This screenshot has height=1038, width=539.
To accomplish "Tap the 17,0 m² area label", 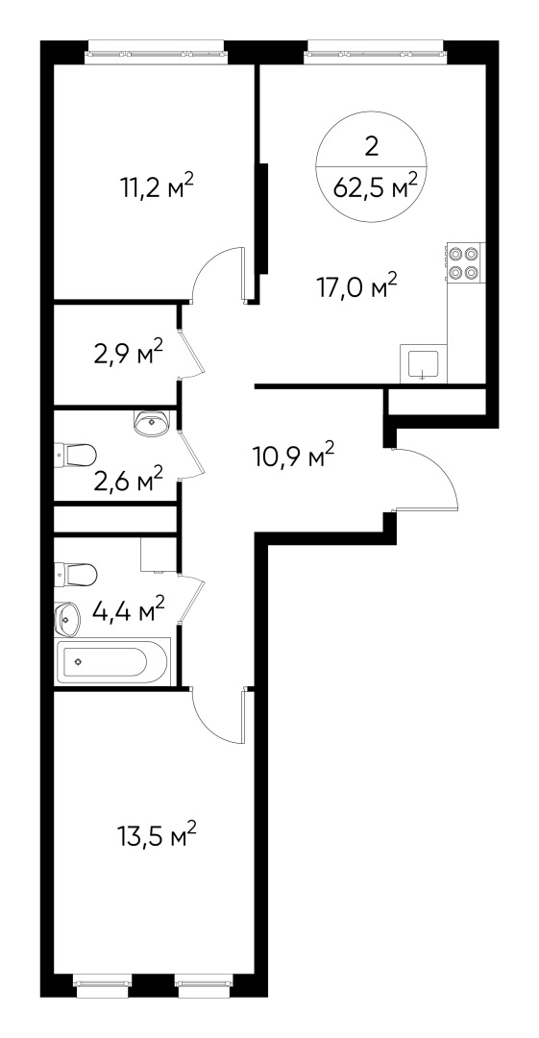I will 356,285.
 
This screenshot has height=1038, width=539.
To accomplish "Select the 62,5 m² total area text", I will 375,185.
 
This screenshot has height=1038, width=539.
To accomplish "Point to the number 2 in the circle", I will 372,146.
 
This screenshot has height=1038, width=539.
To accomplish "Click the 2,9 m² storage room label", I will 128,353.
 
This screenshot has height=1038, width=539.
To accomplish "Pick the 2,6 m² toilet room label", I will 128,478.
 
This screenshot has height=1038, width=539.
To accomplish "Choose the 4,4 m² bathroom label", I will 128,608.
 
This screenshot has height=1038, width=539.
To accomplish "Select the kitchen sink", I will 424,364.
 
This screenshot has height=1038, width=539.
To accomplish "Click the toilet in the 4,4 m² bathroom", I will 77,576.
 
